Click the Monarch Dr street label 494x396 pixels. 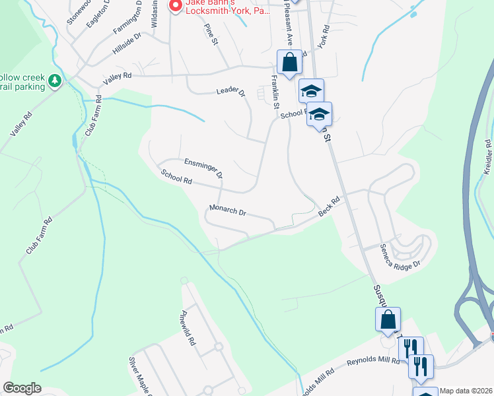click(227, 211)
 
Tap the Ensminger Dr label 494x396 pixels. click(203, 167)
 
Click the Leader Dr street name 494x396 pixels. click(230, 92)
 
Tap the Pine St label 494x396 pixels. click(211, 36)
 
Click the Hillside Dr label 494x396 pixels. click(127, 43)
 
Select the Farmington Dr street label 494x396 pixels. click(128, 19)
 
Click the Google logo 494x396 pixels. click(22, 388)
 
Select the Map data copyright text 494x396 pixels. click(466, 391)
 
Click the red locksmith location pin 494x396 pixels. click(175, 5)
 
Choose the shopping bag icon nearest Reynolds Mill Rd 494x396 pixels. click(387, 320)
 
